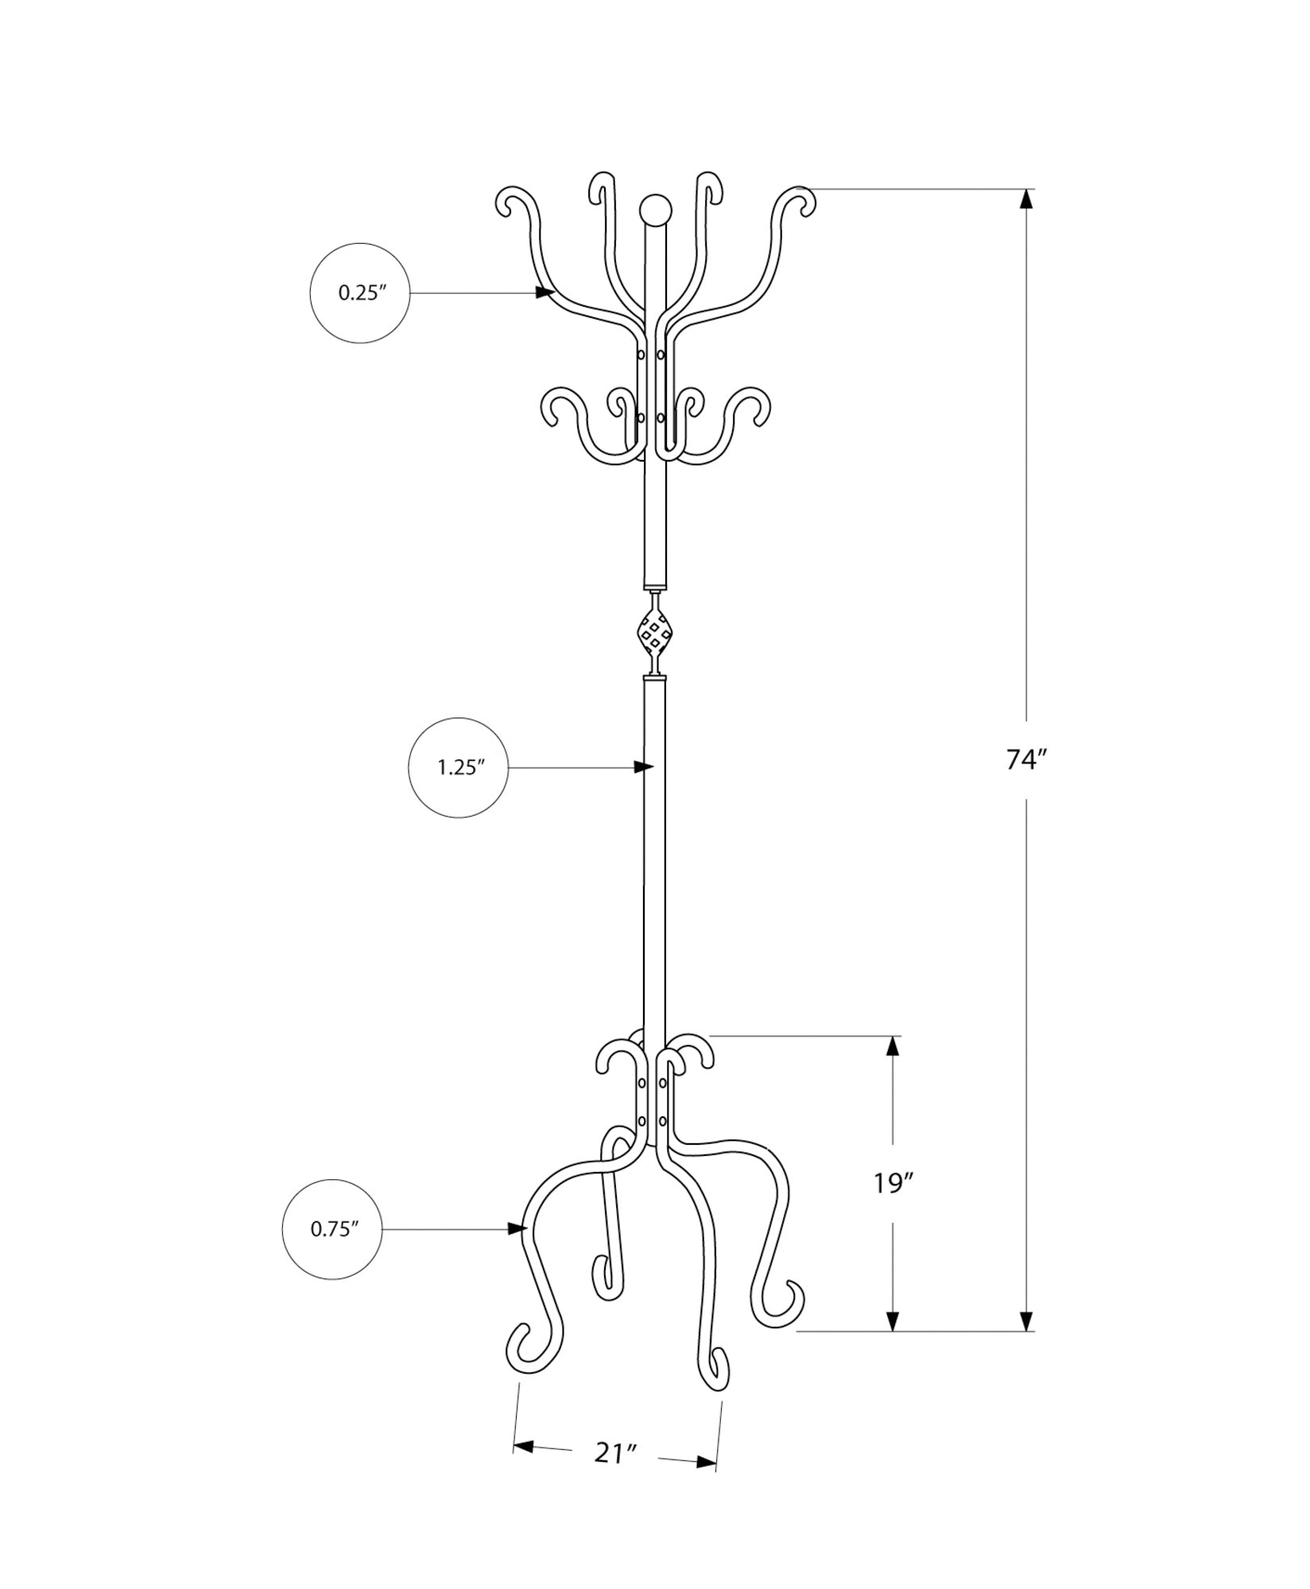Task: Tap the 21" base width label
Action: coord(616,1475)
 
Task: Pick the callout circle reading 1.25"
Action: coord(459,767)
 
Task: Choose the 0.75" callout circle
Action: coord(332,1251)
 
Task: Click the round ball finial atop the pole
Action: coord(654,210)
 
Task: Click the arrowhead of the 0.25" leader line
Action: coord(545,292)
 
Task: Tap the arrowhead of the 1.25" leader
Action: coord(644,767)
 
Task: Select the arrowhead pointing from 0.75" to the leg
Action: coord(518,1251)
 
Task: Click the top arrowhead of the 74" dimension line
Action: coord(1028,199)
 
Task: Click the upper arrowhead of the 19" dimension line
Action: coord(893,1046)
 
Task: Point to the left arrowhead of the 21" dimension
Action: coord(523,1469)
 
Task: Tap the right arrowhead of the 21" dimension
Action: coord(706,1483)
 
